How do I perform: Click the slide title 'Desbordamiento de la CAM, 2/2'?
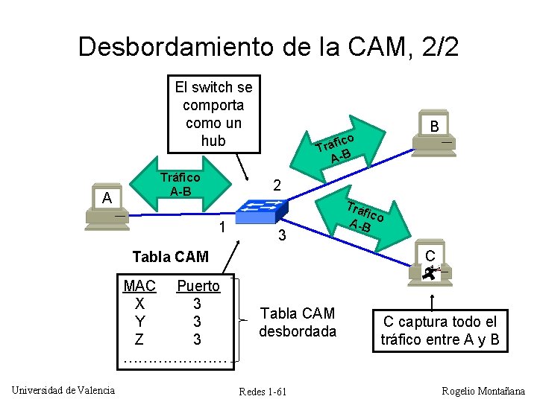268,46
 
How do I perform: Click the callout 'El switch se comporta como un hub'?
213,113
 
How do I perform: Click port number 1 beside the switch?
221,226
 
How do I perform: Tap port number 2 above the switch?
276,185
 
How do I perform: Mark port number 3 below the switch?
281,237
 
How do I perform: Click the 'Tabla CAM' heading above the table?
170,258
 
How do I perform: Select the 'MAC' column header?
139,286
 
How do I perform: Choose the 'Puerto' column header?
198,286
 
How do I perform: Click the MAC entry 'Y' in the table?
140,322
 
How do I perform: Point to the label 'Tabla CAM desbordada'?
298,322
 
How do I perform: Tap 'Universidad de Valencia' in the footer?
63,390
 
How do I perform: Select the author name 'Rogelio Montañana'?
483,391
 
